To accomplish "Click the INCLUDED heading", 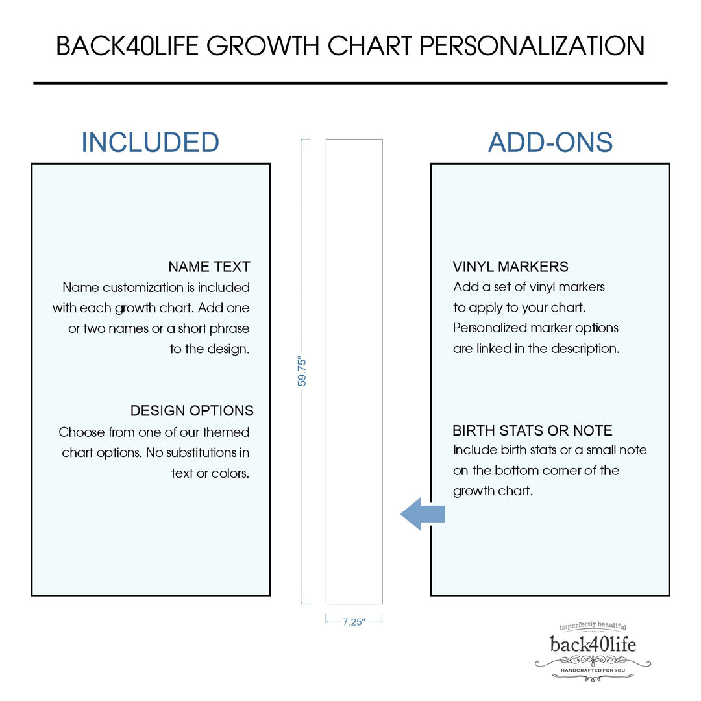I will [150, 142].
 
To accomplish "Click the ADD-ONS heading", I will [550, 142].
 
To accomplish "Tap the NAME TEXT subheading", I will [209, 267].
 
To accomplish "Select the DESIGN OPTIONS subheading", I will [191, 411].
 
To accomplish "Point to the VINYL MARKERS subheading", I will [510, 267].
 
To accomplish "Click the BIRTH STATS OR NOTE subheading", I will [532, 430].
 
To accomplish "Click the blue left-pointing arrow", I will [422, 513].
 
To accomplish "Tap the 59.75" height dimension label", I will [302, 371].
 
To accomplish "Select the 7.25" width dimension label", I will [354, 622].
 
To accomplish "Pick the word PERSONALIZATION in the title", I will [532, 46].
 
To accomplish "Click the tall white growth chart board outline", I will [354, 371].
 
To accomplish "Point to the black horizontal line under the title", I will [350, 83].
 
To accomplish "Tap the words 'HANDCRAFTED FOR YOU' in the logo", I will [593, 669].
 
